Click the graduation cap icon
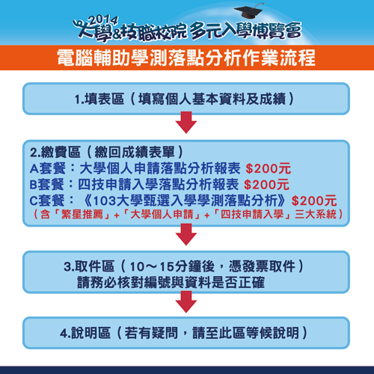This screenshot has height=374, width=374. point(249,11)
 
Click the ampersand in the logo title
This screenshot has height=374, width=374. point(117,34)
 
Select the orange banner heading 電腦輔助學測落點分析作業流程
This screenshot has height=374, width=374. point(186,58)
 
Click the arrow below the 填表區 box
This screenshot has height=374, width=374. point(186,122)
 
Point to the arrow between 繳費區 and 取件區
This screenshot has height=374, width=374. point(186,234)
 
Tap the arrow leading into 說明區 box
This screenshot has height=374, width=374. point(186,301)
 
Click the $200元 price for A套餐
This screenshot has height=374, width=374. point(269,168)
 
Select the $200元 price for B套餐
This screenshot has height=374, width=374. point(266,185)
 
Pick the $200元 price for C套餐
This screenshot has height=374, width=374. point(314,200)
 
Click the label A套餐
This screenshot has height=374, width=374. point(48,168)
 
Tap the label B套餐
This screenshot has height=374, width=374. point(47,185)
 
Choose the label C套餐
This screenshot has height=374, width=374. point(47,200)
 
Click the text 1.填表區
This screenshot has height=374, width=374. point(99,99)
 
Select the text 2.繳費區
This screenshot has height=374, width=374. point(55,152)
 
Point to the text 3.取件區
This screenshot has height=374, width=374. point(89,266)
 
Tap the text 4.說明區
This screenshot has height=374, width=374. point(85,333)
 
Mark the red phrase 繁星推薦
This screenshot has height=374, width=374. point(82,215)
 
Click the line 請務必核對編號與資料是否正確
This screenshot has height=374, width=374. point(171,282)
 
